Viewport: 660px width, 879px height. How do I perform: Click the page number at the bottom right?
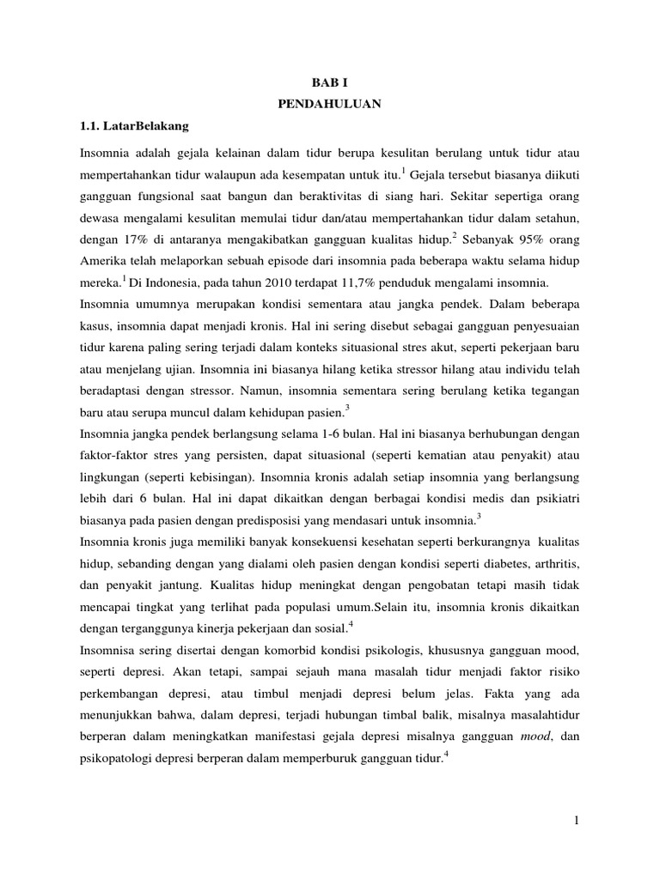point(577,821)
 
